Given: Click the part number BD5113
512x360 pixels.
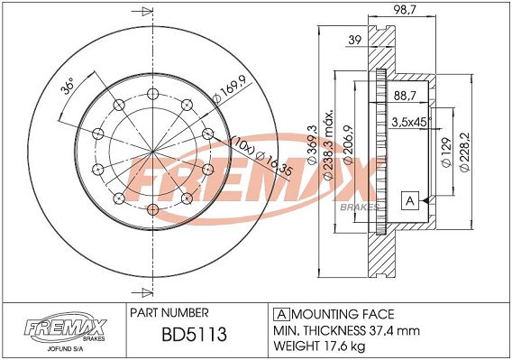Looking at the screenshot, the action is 194,335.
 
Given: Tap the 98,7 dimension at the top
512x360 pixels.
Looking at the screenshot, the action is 404,10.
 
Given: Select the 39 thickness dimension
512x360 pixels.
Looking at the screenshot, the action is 354,40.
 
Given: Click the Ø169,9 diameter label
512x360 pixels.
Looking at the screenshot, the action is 229,89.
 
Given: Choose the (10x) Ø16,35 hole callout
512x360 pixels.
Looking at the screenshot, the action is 261,158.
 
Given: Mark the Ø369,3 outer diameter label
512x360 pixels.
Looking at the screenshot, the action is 313,144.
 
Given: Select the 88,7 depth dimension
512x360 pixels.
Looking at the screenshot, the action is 405,96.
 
